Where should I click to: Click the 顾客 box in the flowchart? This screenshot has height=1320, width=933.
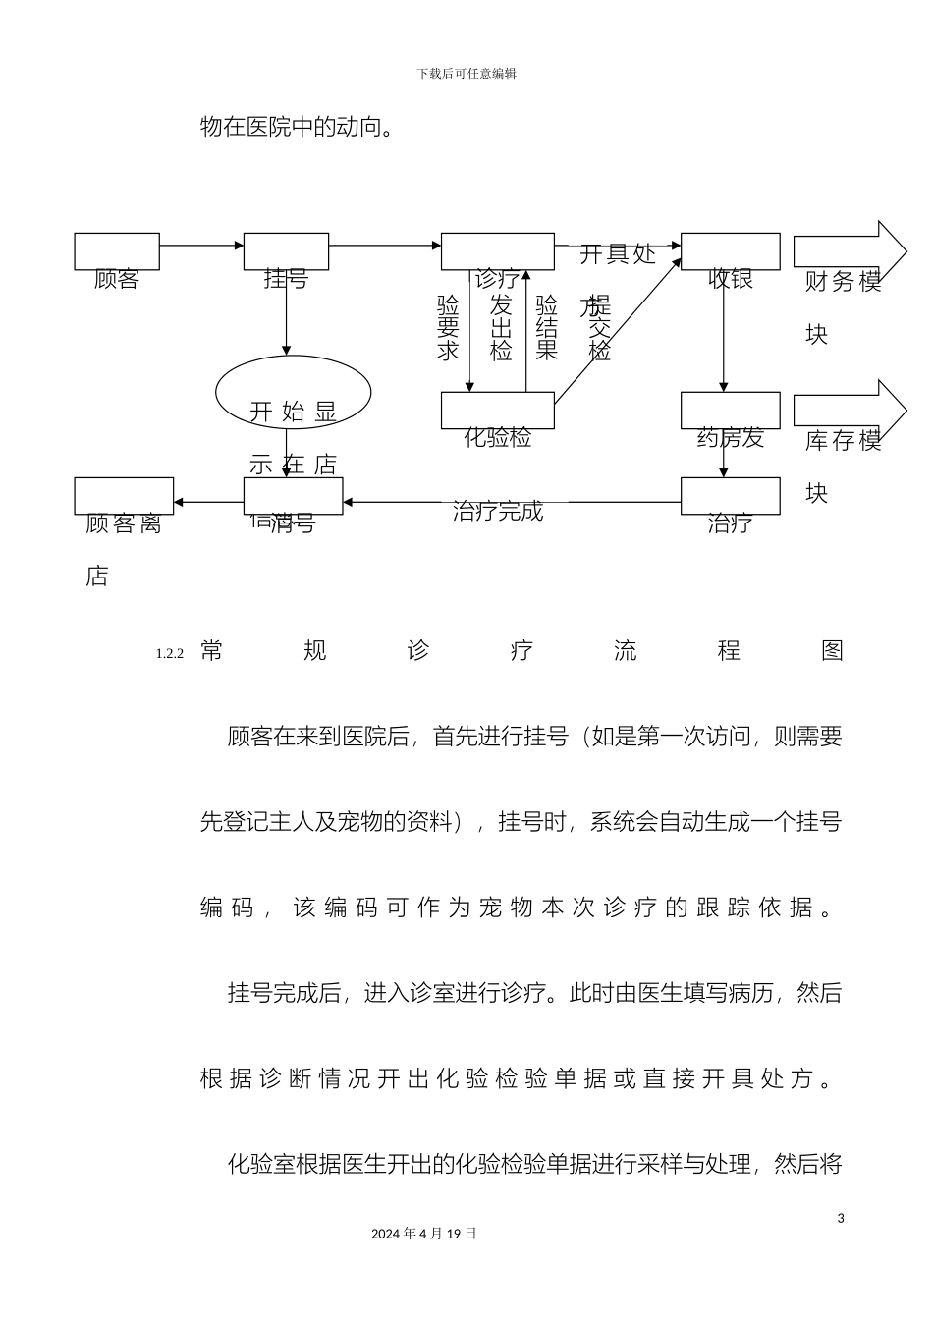click(x=117, y=252)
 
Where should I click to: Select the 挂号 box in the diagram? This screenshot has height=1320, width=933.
click(x=286, y=252)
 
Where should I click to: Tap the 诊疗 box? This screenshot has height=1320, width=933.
click(x=497, y=251)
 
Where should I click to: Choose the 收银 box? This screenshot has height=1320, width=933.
click(x=730, y=252)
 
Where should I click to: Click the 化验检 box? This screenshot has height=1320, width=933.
click(x=497, y=411)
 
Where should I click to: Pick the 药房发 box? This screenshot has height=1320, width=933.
click(x=730, y=411)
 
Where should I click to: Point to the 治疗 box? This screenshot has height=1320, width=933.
click(x=730, y=496)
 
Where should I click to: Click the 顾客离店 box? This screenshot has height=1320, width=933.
click(x=124, y=496)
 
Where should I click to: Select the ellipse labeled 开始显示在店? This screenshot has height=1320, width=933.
click(x=293, y=393)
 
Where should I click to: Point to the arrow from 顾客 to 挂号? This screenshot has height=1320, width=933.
click(x=201, y=245)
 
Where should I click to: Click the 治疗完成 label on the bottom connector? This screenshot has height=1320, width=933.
click(x=498, y=512)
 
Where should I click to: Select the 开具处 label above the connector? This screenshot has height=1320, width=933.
click(x=617, y=254)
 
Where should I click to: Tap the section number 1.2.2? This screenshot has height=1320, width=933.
click(x=170, y=654)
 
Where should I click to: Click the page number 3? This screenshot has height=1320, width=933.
click(x=841, y=1219)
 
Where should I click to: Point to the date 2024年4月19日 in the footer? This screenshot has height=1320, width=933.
click(x=424, y=1234)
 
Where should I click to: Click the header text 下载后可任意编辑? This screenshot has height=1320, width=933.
click(x=466, y=74)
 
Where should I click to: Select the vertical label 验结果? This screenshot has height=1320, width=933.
click(x=547, y=327)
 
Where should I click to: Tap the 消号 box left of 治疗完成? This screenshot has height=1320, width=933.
click(x=293, y=496)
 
